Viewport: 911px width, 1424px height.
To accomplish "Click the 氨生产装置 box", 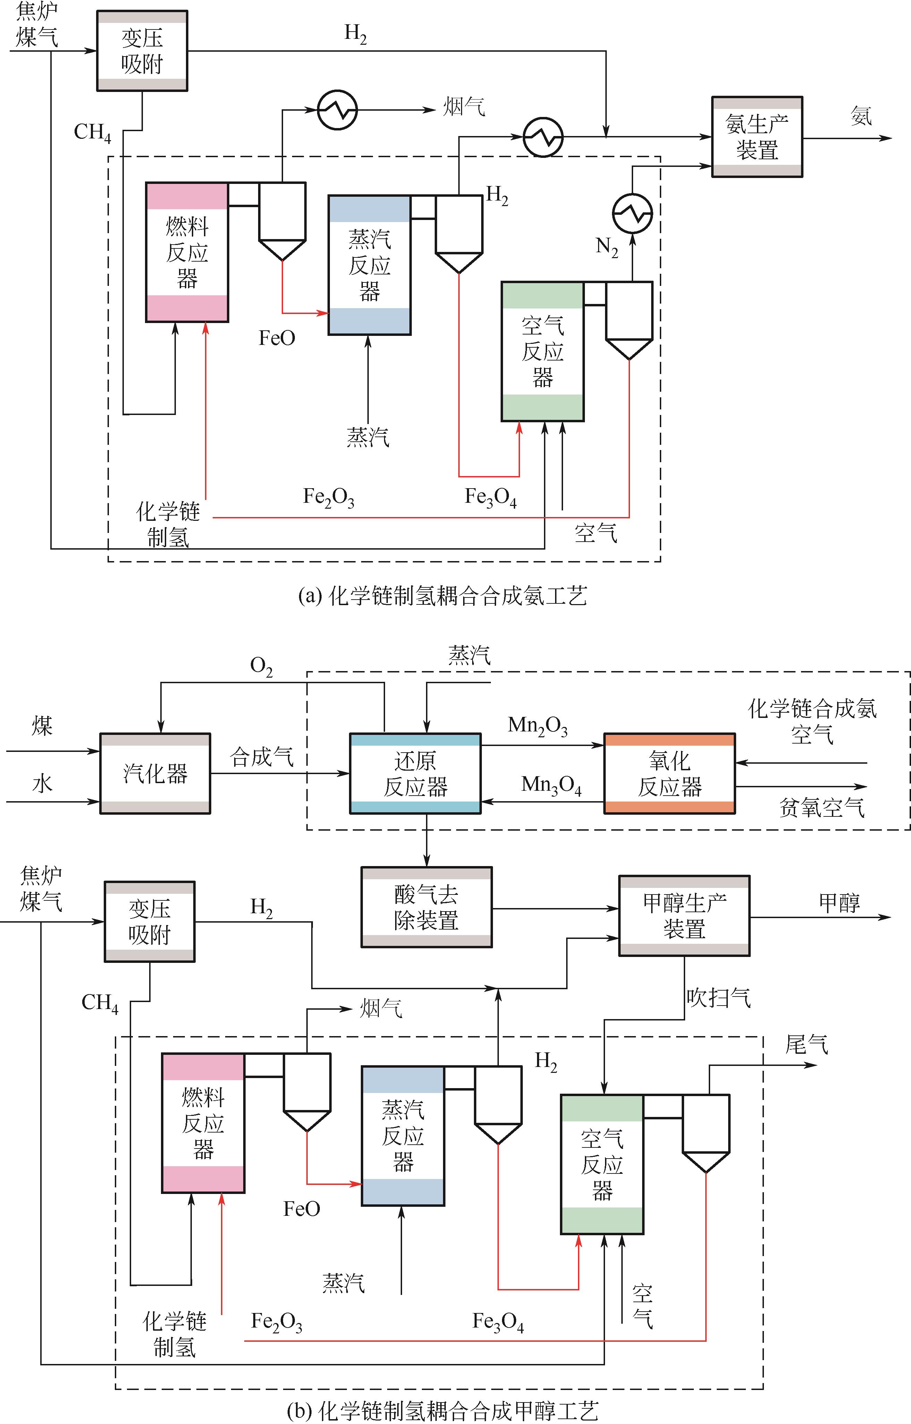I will pos(757,137).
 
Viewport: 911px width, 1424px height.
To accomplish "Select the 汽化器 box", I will pos(155,773).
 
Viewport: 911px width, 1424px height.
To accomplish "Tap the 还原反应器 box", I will pos(415,773).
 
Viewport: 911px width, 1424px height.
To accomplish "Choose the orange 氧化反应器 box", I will pos(669,773).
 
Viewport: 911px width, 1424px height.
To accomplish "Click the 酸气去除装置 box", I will pos(426,907).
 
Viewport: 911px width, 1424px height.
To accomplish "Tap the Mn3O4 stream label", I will pos(551,785).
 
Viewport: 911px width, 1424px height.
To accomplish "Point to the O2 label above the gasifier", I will pos(261,667).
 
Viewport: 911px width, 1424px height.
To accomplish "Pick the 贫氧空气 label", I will pos(822,807).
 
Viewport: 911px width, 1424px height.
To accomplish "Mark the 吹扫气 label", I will pos(718,998).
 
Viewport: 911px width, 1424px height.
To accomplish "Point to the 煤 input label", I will pos(42,725).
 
